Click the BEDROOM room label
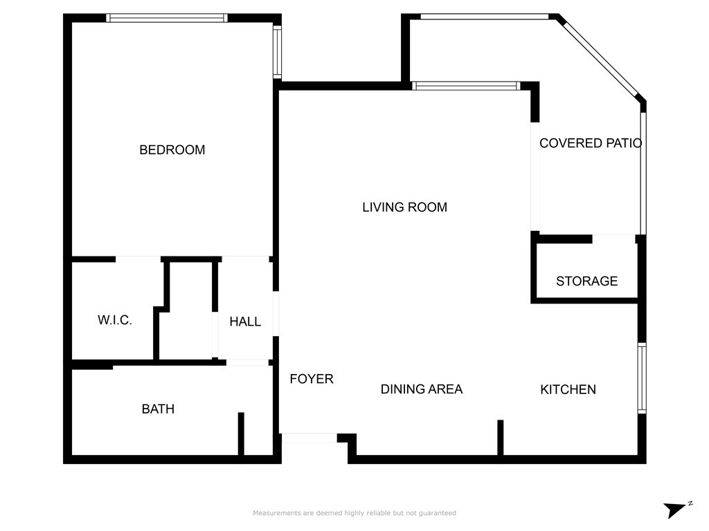(172, 150)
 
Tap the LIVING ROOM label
(404, 207)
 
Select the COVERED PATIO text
(591, 143)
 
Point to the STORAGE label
(586, 281)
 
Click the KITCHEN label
(568, 390)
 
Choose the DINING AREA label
(422, 389)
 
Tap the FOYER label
(312, 379)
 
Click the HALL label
(245, 322)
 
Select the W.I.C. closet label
(115, 320)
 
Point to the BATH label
(158, 409)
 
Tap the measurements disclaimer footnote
(354, 513)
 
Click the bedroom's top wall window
(167, 18)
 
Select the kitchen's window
(642, 378)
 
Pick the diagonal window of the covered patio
(601, 58)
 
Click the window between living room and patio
(466, 86)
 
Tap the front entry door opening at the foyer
(309, 438)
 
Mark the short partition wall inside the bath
(241, 434)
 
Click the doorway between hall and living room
(276, 314)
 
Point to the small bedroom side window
(277, 52)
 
